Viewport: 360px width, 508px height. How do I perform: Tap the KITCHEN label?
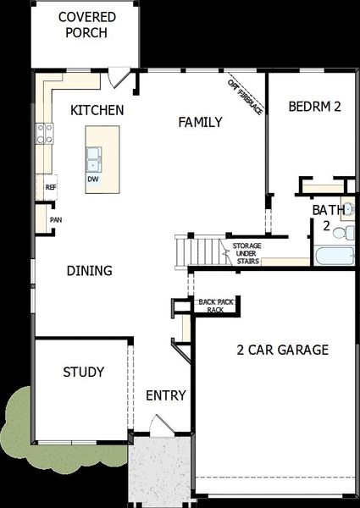(x=97, y=110)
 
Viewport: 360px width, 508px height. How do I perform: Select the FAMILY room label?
(x=200, y=123)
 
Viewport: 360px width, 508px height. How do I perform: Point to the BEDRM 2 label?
(x=314, y=107)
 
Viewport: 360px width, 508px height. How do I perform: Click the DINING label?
(x=90, y=271)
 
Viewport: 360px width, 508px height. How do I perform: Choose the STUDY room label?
(x=84, y=373)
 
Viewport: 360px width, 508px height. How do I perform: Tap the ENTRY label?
(x=166, y=395)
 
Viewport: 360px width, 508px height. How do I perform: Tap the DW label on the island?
(x=91, y=179)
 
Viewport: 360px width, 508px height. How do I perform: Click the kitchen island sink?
(x=93, y=157)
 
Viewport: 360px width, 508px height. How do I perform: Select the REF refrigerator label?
(x=50, y=187)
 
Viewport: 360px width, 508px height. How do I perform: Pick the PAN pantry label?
(x=55, y=219)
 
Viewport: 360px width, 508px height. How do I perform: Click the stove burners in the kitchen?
(x=43, y=133)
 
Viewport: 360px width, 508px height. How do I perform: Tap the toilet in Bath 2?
(x=344, y=230)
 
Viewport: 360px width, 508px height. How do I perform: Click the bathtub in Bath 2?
(x=331, y=257)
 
